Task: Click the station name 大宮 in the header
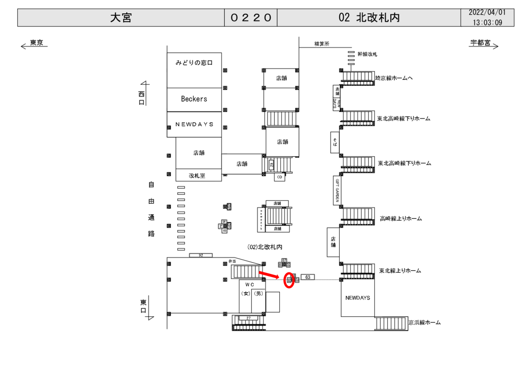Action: coord(121,18)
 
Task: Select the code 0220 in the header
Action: coord(251,18)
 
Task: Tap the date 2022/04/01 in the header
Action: coord(487,12)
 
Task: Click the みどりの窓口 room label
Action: coord(194,63)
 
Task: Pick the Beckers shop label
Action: coord(194,99)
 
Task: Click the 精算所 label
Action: coord(322,44)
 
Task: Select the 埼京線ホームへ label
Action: coord(394,78)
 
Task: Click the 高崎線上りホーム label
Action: coord(401,219)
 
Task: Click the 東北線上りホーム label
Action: coord(400,270)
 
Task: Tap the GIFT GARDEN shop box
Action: coord(337,190)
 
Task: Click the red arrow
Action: coord(270,276)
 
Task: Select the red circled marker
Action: coord(289,280)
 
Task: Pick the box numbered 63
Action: coord(307,277)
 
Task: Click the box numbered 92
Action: coord(201,255)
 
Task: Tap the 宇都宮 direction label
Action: coord(480,43)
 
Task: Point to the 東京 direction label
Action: coord(36,43)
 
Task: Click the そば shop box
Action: coord(335,142)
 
